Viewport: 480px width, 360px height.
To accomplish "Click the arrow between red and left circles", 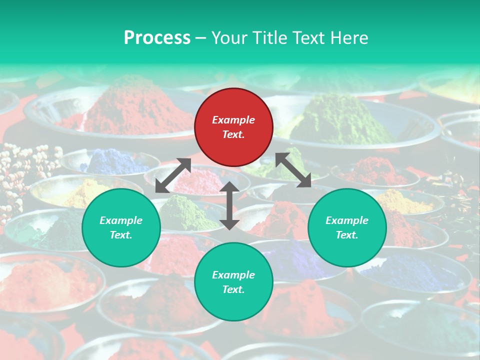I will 173,175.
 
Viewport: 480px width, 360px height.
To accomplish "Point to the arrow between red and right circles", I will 293,170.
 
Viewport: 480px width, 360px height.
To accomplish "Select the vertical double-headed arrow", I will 229,205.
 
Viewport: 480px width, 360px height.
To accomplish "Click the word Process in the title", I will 157,37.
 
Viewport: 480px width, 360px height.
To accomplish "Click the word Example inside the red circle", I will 233,120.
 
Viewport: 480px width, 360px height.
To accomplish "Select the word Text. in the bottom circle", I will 233,289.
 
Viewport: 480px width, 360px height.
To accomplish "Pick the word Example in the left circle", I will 121,220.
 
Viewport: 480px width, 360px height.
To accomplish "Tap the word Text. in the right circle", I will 347,235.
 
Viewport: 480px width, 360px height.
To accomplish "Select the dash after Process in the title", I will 201,38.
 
